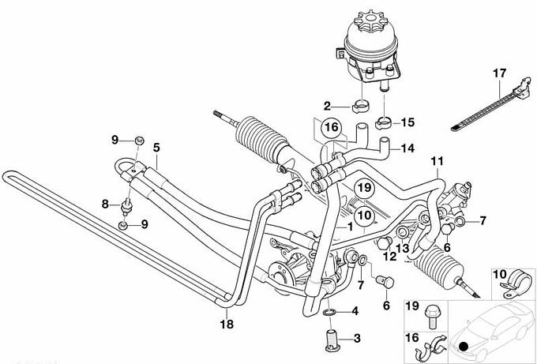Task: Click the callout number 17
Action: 498,74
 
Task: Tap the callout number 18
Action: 227,323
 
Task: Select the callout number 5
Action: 156,147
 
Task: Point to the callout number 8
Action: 104,204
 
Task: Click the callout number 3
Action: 357,338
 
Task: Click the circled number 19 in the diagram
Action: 363,187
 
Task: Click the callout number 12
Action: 389,256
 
